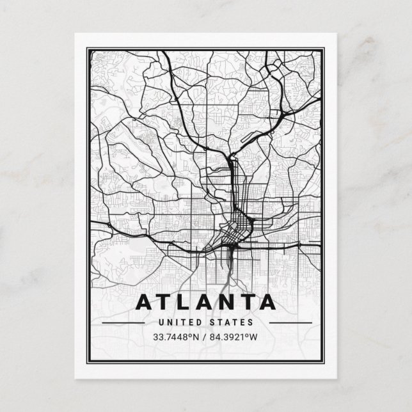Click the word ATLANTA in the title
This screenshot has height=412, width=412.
[206, 301]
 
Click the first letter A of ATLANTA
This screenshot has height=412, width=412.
[145, 301]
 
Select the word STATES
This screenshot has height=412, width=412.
[233, 322]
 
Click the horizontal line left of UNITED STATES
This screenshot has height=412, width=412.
[123, 323]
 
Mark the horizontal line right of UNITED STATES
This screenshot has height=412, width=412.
[289, 323]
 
